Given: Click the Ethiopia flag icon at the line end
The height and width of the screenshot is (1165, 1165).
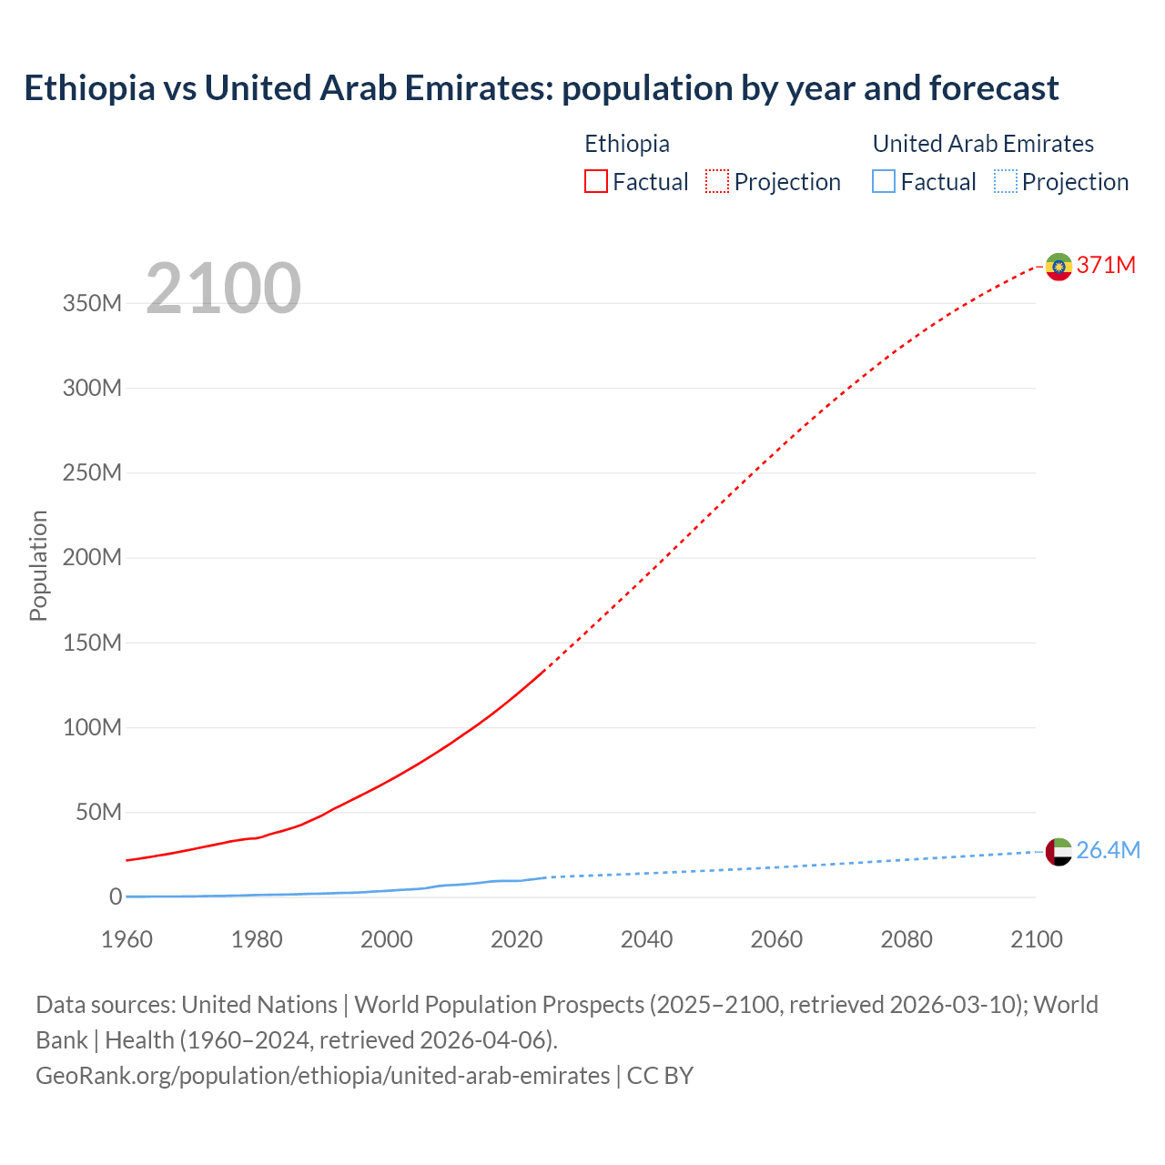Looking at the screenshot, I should [1059, 267].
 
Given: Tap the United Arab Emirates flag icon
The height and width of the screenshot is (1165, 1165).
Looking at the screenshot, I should [1059, 852].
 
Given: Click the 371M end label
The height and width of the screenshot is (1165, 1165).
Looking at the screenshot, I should [1106, 265].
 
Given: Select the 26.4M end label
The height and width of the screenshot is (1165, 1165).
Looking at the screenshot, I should [1108, 850].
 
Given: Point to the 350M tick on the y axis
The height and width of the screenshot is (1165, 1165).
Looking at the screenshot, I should [92, 303].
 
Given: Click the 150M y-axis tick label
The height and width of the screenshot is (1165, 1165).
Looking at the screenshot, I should [92, 643].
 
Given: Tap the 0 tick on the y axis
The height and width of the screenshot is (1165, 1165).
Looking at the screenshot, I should [116, 897].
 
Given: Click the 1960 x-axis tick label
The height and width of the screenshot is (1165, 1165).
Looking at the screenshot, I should [127, 939].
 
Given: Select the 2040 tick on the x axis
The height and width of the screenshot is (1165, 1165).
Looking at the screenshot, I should [646, 939].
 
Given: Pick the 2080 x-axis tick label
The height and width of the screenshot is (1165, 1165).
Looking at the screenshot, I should [907, 939].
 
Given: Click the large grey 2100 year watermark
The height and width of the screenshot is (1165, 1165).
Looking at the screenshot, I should [223, 289].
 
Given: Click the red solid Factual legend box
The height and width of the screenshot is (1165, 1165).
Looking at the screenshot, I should [595, 182].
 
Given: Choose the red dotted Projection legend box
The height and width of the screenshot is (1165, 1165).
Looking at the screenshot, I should [717, 182].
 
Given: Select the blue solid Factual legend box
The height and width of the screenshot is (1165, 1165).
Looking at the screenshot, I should [884, 182].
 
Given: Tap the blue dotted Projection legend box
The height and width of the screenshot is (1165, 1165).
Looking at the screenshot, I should [1006, 182].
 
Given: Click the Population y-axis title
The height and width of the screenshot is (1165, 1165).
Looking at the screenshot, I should [38, 565].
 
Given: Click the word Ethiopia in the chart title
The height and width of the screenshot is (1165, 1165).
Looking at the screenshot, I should [89, 88].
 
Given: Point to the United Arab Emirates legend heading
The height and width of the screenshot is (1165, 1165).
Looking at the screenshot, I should [983, 144].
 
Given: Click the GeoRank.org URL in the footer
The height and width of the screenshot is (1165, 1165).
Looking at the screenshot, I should [323, 1075].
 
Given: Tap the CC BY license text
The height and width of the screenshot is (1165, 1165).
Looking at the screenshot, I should [660, 1075].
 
